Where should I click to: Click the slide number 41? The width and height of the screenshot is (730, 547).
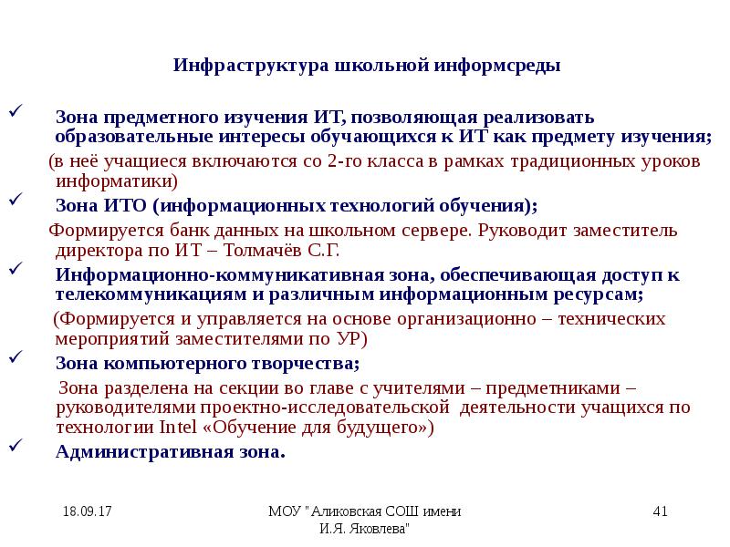662,511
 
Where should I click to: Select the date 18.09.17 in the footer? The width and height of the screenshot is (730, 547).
88,511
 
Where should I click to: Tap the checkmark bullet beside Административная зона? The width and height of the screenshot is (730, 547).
15,447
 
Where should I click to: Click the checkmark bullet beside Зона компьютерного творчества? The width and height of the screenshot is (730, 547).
15,357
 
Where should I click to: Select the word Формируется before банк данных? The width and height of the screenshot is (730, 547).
94,229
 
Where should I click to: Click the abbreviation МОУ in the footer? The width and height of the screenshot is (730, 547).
284,511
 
